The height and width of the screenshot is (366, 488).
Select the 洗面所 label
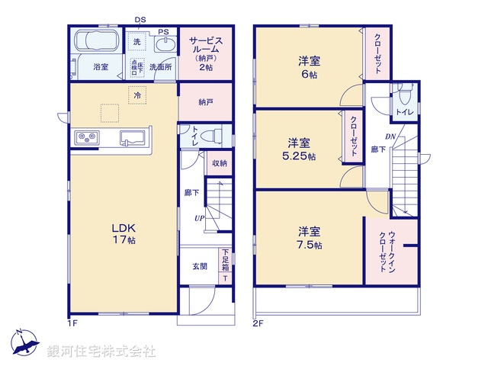pos(160,67)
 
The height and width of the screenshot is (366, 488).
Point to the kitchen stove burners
pos(85,138)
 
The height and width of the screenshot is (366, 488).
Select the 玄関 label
pos(200,266)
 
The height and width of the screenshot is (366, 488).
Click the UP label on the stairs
pos(198,218)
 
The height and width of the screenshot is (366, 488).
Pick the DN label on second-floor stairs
pos(390,137)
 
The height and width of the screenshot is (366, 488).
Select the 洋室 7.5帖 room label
pos(310,238)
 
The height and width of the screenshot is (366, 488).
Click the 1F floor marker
pos(72,323)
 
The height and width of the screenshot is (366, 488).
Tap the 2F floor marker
pos(258,323)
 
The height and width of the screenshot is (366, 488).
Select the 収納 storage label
pos(219,162)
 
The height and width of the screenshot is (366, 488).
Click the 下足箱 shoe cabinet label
pos(225,261)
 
